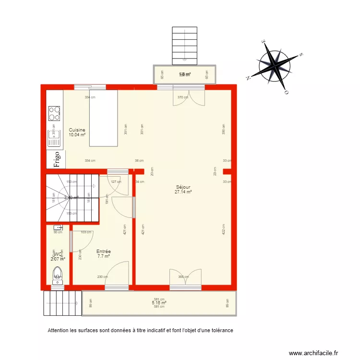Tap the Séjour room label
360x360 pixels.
183,187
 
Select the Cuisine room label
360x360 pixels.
77,130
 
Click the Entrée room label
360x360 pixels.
104,252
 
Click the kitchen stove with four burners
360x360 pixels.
54,114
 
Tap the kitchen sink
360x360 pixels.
54,138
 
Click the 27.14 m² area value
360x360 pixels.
183,192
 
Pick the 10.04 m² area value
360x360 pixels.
77,135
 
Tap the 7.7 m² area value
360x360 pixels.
104,256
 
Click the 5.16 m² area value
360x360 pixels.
159,303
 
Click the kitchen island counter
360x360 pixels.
104,118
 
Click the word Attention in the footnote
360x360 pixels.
59,331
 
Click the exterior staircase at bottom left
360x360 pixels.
61,303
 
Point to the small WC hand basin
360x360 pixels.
58,227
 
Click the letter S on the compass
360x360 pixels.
301,55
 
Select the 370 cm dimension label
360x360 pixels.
182,97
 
